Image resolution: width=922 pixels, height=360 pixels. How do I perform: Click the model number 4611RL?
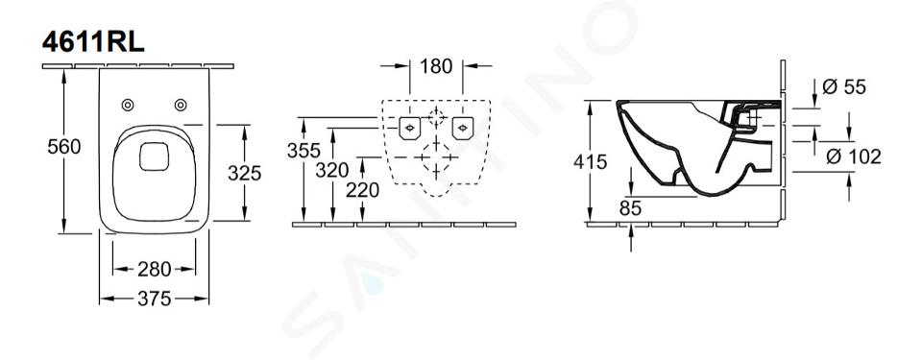(93, 42)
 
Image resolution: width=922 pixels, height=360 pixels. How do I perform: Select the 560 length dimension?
(64, 147)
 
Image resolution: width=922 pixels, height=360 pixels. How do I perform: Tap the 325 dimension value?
(245, 173)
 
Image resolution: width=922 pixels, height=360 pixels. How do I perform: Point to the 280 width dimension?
(154, 270)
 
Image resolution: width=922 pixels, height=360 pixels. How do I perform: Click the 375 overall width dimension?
(154, 299)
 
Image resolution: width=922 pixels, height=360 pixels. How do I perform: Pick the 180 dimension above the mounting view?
(436, 66)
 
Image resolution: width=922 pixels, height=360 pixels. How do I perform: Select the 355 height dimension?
(303, 151)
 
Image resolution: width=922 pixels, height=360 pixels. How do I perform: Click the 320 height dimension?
(332, 171)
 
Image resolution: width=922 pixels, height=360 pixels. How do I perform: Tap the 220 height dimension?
(362, 190)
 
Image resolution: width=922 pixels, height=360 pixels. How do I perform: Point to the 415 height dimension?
(591, 162)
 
